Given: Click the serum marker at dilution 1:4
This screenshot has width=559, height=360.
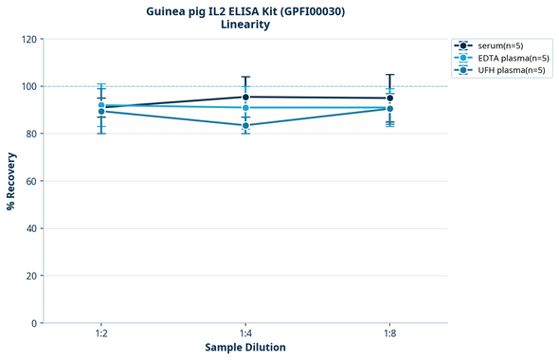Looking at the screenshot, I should coord(245,97).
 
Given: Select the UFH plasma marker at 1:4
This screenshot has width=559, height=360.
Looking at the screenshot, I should coord(245,125).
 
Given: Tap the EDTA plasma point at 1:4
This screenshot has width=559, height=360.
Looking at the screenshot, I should coord(245,108).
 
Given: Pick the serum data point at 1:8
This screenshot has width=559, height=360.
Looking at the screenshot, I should coord(389,98).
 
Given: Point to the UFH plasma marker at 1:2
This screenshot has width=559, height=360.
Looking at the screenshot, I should coord(101,112).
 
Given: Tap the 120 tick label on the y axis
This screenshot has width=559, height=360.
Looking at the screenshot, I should coord(28,39).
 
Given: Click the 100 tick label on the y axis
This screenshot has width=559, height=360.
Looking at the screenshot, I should coord(28,86).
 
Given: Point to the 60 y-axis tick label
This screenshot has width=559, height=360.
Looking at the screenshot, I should coord(31,181).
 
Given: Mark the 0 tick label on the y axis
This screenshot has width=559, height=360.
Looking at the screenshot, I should coord(34,323).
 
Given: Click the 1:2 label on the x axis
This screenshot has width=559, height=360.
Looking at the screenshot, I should coord(101,334).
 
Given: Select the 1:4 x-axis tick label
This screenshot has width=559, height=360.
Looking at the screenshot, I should coord(245,334).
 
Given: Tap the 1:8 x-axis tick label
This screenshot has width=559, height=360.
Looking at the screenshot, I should coord(389,334).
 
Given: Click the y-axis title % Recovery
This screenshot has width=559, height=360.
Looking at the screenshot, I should coord(11,180).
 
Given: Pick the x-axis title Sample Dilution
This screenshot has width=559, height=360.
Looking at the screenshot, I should coord(245,348).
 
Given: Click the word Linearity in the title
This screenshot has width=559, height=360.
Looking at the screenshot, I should coord(244,25).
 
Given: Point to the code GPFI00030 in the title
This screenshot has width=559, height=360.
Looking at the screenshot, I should coord(313,10).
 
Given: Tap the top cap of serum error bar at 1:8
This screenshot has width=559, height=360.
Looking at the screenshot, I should coord(389,75).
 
